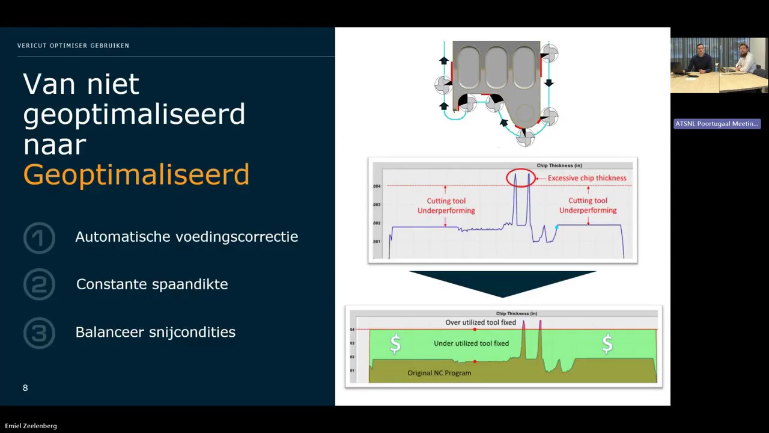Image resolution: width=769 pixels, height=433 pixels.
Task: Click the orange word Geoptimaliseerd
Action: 136,174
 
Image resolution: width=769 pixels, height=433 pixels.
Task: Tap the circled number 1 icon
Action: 39,238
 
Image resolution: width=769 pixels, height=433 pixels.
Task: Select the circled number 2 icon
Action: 39,284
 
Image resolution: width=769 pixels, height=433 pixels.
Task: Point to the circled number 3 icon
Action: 39,333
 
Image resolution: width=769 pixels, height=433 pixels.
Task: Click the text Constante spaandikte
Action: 152,284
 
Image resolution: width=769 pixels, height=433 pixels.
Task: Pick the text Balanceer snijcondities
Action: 155,332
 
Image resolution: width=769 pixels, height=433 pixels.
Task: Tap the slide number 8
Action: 25,388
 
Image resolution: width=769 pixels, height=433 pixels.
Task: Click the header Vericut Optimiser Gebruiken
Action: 73,46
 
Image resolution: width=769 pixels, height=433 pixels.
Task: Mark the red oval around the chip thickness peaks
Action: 521,178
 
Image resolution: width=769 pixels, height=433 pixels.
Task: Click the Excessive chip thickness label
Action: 587,178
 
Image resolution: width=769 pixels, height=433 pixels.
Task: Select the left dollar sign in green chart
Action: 395,344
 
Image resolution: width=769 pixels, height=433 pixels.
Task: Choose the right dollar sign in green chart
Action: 607,344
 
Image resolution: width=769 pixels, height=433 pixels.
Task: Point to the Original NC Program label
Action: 439,373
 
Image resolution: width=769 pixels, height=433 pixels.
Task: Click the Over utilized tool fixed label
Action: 481,322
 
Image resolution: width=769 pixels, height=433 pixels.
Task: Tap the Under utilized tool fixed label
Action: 471,343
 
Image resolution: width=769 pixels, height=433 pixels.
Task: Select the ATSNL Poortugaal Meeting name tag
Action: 717,124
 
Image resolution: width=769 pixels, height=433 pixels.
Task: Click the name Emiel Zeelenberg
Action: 31,426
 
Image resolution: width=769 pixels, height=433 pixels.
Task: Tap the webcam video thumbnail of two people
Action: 719,66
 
